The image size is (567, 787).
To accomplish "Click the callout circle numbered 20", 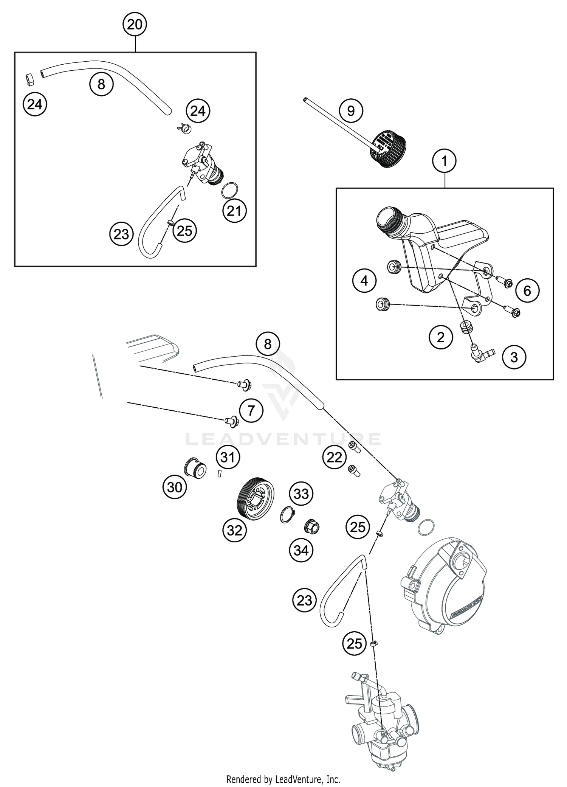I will coord(135,25).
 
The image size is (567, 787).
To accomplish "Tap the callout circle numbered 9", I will coord(351,111).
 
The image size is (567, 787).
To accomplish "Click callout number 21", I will coord(234,211).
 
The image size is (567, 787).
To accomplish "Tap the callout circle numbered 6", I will coord(527,290).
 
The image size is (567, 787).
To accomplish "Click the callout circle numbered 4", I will coord(364,281).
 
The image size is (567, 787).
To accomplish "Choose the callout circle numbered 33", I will coord(302,494).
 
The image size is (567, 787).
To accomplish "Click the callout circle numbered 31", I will coord(228,458).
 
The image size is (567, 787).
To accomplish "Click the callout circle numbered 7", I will coord(251,410).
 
